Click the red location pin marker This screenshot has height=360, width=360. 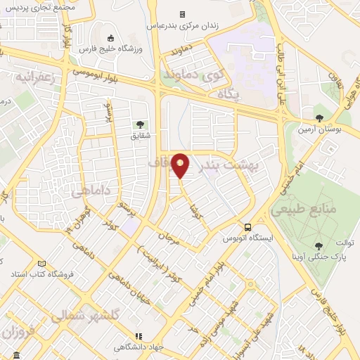181,165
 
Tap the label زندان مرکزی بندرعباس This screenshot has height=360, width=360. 182,25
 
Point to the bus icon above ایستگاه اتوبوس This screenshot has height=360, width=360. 247,227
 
